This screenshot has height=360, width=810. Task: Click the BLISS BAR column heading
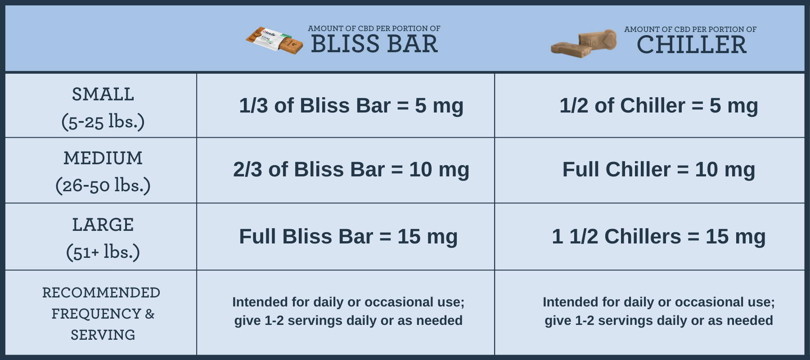[x=374, y=44]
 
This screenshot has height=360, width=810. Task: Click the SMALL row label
[x=103, y=94]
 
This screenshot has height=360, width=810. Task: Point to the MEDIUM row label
[x=103, y=158]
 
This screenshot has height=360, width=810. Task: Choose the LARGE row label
[x=103, y=225]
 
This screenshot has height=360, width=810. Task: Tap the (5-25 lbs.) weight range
[x=103, y=121]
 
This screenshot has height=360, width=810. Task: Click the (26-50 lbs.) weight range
[x=103, y=185]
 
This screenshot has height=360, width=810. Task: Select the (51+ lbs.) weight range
[x=103, y=252]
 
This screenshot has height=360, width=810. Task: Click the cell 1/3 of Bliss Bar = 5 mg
[x=351, y=106]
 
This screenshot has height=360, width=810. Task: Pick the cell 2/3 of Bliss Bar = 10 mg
[x=351, y=170]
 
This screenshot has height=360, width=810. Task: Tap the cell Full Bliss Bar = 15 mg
[x=348, y=237]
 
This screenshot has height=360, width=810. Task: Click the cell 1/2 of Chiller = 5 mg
[x=659, y=106]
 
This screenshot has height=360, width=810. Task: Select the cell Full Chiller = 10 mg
[x=659, y=170]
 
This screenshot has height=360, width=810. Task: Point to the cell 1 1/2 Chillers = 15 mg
[x=659, y=237]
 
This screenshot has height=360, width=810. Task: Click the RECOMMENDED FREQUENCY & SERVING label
[x=102, y=314]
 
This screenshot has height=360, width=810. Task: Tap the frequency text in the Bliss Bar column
[x=348, y=311]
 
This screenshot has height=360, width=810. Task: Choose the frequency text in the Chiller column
[x=659, y=311]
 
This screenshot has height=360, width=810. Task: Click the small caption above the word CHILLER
[x=690, y=29]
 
